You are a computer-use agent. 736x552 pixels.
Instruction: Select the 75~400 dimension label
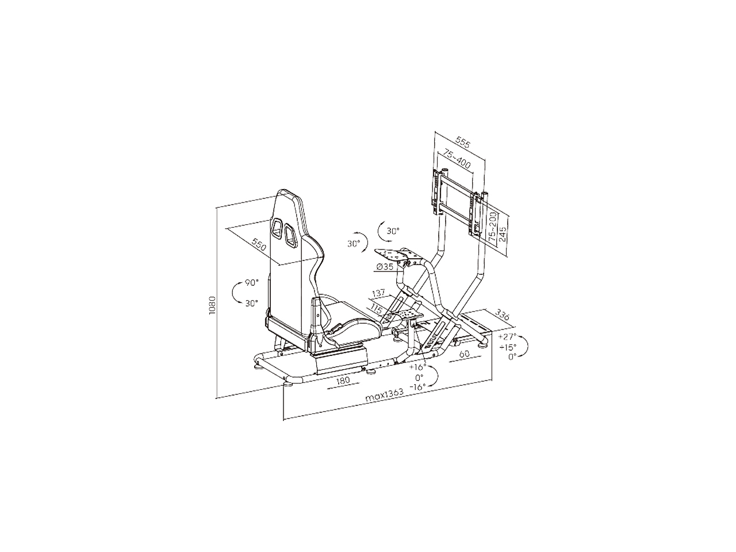[x=457, y=159]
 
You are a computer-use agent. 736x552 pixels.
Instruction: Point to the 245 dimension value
[x=503, y=233]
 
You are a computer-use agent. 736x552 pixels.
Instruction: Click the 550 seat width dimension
[x=259, y=245]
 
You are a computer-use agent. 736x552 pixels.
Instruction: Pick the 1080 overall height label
[x=212, y=305]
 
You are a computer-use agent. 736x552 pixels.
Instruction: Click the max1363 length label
[x=384, y=396]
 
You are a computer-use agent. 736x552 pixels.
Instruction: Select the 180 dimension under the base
[x=343, y=380]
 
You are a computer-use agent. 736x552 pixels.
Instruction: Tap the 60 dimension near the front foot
[x=464, y=354]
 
